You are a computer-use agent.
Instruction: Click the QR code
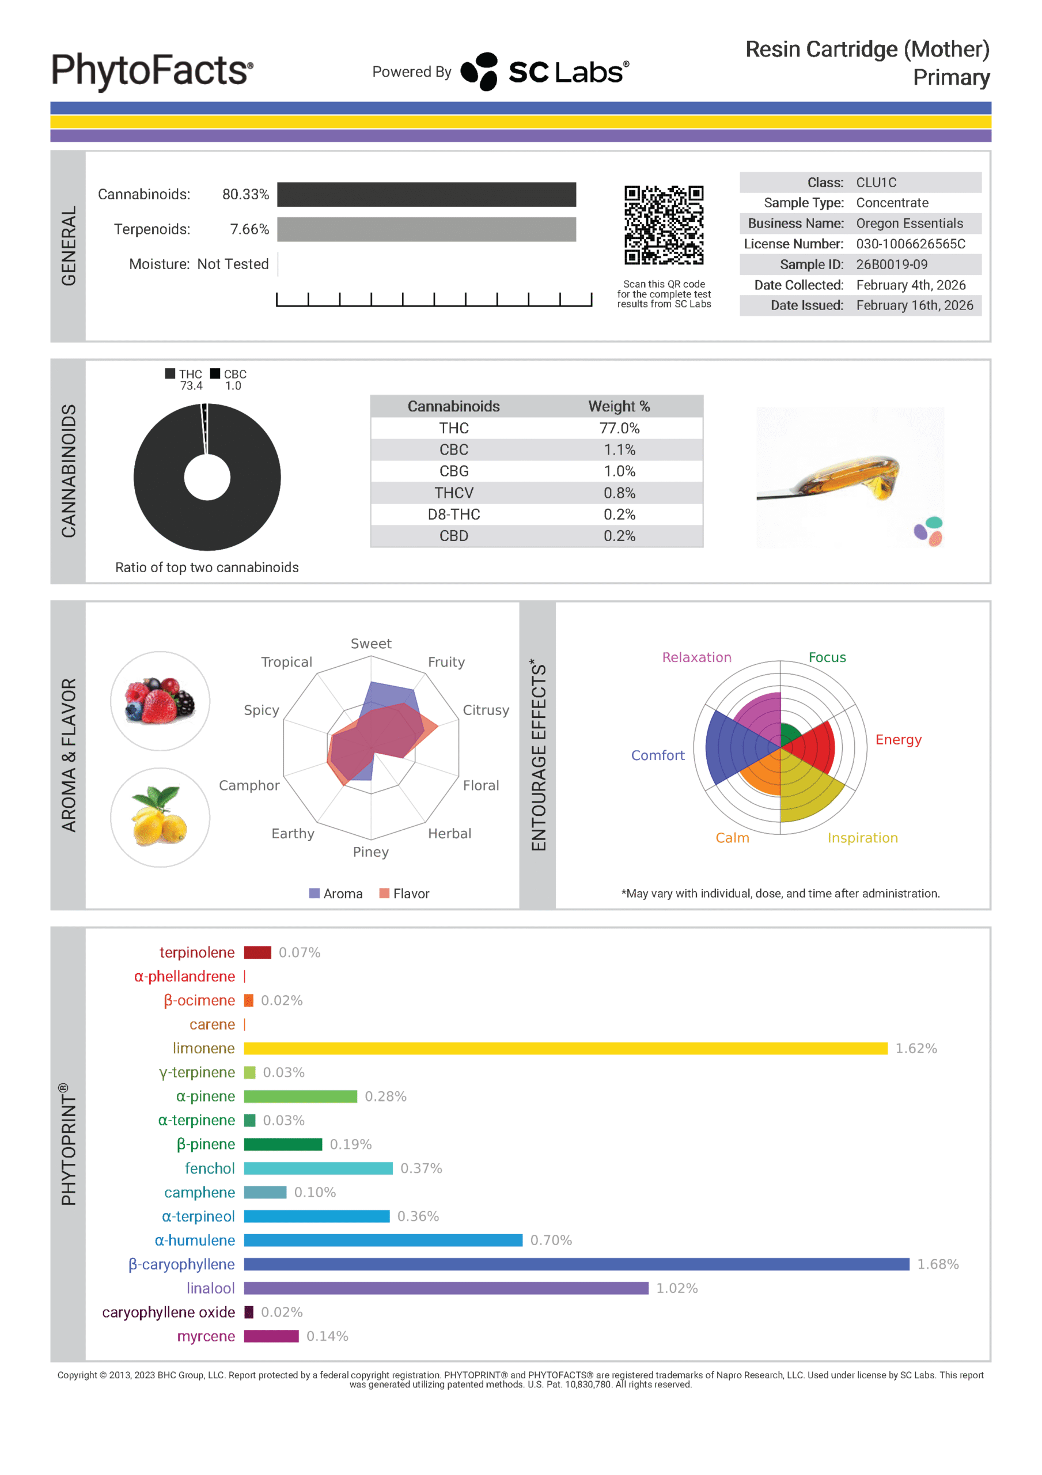(x=664, y=225)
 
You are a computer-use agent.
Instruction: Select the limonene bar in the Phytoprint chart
(x=565, y=1048)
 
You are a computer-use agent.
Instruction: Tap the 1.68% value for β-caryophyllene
(x=937, y=1264)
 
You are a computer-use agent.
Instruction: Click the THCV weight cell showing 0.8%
(x=619, y=493)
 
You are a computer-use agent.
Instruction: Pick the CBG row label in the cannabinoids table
(x=453, y=471)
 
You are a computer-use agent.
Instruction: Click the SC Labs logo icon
(x=480, y=71)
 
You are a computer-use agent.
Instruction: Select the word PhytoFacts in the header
(x=151, y=70)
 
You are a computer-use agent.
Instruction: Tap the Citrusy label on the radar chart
(x=486, y=710)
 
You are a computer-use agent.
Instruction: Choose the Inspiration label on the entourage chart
(x=862, y=838)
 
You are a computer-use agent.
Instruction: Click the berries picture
(x=160, y=701)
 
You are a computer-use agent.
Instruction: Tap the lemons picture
(x=160, y=817)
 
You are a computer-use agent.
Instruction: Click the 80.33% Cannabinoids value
(x=245, y=194)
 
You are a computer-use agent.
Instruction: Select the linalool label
(x=210, y=1288)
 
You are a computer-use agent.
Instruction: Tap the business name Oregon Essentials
(x=909, y=223)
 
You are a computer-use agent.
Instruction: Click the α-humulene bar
(x=383, y=1240)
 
